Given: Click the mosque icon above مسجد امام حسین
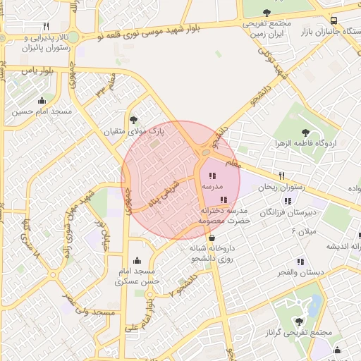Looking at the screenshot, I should tap(42, 100).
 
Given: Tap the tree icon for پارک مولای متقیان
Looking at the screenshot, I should tap(134, 120).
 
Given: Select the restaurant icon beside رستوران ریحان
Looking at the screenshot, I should tap(281, 176).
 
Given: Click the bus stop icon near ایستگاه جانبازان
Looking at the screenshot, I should tap(334, 20).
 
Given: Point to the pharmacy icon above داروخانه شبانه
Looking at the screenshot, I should tap(212, 238).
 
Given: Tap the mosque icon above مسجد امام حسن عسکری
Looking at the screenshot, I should tap(137, 260).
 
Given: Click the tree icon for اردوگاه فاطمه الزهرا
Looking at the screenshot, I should tap(305, 132).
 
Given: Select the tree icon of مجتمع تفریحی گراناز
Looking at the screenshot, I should tap(298, 321).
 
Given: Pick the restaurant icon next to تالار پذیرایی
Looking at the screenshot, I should tap(46, 26).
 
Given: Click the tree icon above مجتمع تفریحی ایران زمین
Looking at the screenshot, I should tap(267, 12).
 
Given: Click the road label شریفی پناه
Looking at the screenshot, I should tap(164, 194).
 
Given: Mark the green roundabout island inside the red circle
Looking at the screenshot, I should tap(204, 152).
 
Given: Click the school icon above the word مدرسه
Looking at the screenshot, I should tap(212, 176).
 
